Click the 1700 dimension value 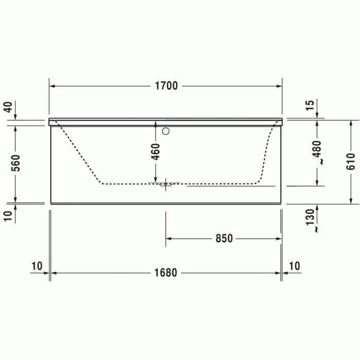tap(167, 86)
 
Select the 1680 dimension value tap(166, 273)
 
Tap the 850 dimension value tap(224, 239)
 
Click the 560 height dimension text tap(15, 163)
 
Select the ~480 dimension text tap(317, 153)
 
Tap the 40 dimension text tap(8, 107)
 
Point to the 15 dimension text tap(310, 105)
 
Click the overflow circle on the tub tap(166, 131)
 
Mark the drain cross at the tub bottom tap(166, 184)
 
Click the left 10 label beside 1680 tap(37, 266)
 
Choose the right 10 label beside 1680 tap(294, 266)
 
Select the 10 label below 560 tap(8, 215)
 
